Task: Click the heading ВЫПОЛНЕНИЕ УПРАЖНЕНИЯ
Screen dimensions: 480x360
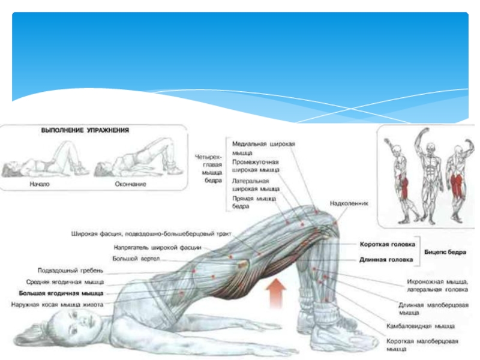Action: pyautogui.click(x=85, y=130)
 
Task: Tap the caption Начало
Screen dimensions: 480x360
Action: pyautogui.click(x=40, y=184)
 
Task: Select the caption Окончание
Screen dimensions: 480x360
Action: pyautogui.click(x=129, y=184)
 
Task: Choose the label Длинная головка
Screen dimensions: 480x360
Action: pyautogui.click(x=386, y=260)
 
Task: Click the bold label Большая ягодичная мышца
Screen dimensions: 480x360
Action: pyautogui.click(x=61, y=293)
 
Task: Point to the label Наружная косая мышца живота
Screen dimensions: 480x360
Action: pyautogui.click(x=57, y=305)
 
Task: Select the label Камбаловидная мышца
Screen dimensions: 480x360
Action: pyautogui.click(x=420, y=326)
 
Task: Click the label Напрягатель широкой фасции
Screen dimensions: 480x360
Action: pyautogui.click(x=157, y=247)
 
